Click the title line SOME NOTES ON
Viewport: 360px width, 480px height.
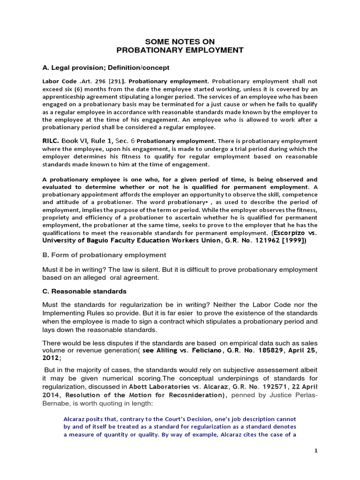coord(180,42)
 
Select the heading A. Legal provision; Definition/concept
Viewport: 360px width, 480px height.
coord(106,67)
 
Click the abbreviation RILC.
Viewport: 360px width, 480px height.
coord(52,141)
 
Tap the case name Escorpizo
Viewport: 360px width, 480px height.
coord(290,232)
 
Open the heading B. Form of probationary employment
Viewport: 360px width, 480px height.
coord(104,255)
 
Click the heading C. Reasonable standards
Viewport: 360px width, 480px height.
coord(81,291)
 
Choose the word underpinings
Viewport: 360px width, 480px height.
coord(222,379)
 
